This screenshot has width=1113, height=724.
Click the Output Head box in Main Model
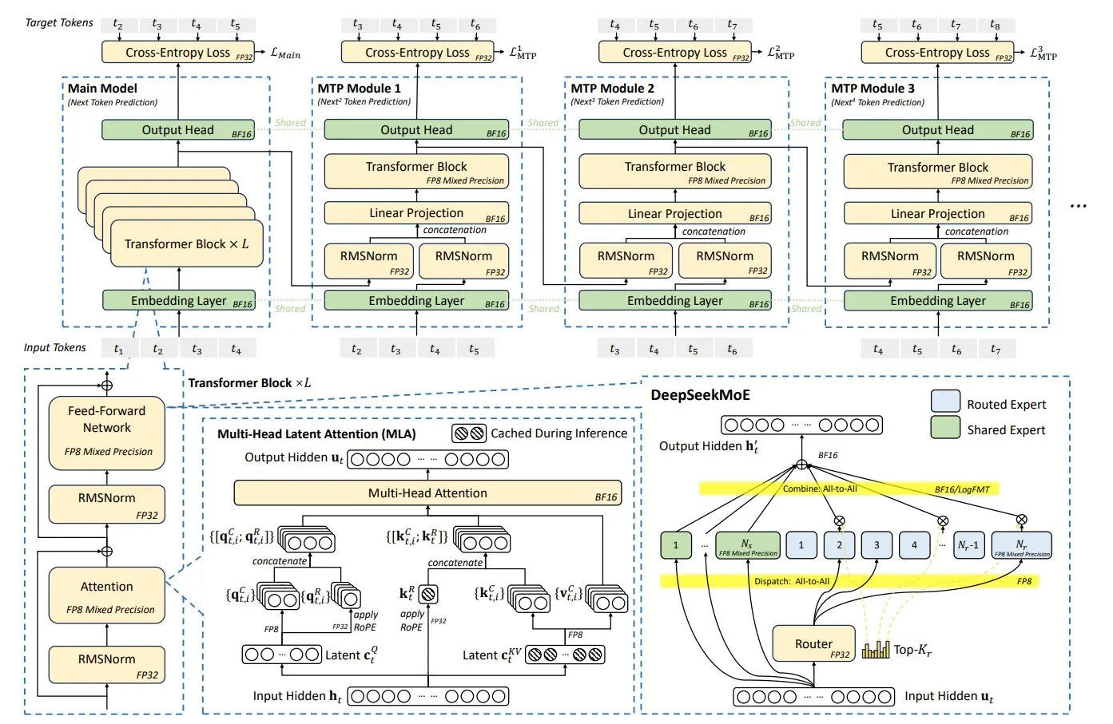[x=177, y=130]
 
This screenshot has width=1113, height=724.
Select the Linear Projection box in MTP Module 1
[x=416, y=213]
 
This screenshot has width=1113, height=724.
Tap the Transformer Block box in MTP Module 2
[x=674, y=171]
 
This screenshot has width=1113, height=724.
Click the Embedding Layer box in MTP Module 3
[x=937, y=301]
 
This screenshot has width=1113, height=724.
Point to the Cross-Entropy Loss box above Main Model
[x=177, y=53]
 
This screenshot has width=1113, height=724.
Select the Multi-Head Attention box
[x=427, y=493]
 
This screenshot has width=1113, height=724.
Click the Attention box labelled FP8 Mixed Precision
[x=107, y=595]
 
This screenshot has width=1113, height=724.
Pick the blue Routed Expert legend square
[x=945, y=402]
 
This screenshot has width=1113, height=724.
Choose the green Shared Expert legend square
[x=945, y=428]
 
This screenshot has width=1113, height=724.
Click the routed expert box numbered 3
[x=876, y=545]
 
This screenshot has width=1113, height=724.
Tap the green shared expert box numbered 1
[x=675, y=545]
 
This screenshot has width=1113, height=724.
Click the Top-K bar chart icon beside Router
[x=876, y=649]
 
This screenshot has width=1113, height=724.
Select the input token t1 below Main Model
[x=118, y=349]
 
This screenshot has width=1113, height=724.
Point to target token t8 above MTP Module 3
[x=995, y=26]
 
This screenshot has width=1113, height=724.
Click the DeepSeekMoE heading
[x=700, y=395]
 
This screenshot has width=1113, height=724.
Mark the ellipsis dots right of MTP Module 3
[x=1078, y=206]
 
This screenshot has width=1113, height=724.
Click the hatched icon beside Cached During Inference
[x=469, y=433]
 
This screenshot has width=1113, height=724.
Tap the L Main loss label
[x=285, y=53]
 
